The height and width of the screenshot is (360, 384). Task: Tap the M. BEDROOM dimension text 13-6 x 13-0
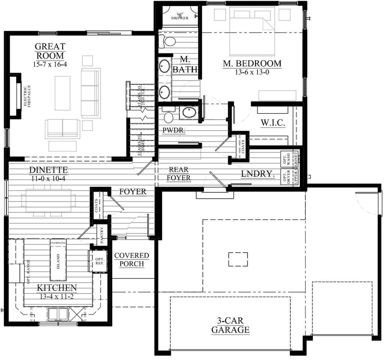tap(252, 72)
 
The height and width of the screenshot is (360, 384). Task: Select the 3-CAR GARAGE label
tap(230, 325)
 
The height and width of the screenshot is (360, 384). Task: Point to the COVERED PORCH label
tap(132, 259)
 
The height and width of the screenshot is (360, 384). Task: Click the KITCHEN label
tap(57, 288)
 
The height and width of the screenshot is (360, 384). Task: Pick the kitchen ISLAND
tap(58, 260)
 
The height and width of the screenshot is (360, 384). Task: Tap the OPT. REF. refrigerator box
tap(99, 261)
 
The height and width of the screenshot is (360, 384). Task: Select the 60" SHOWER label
tap(180, 16)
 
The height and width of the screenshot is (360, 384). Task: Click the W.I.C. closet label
tap(273, 123)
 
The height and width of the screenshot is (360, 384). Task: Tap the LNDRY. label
tap(258, 174)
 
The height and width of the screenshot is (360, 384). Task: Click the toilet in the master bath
tap(168, 41)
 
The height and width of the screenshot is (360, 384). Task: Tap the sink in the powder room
tap(186, 112)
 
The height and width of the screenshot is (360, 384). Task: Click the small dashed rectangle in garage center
tap(238, 259)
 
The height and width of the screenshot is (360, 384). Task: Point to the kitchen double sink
tap(58, 313)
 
